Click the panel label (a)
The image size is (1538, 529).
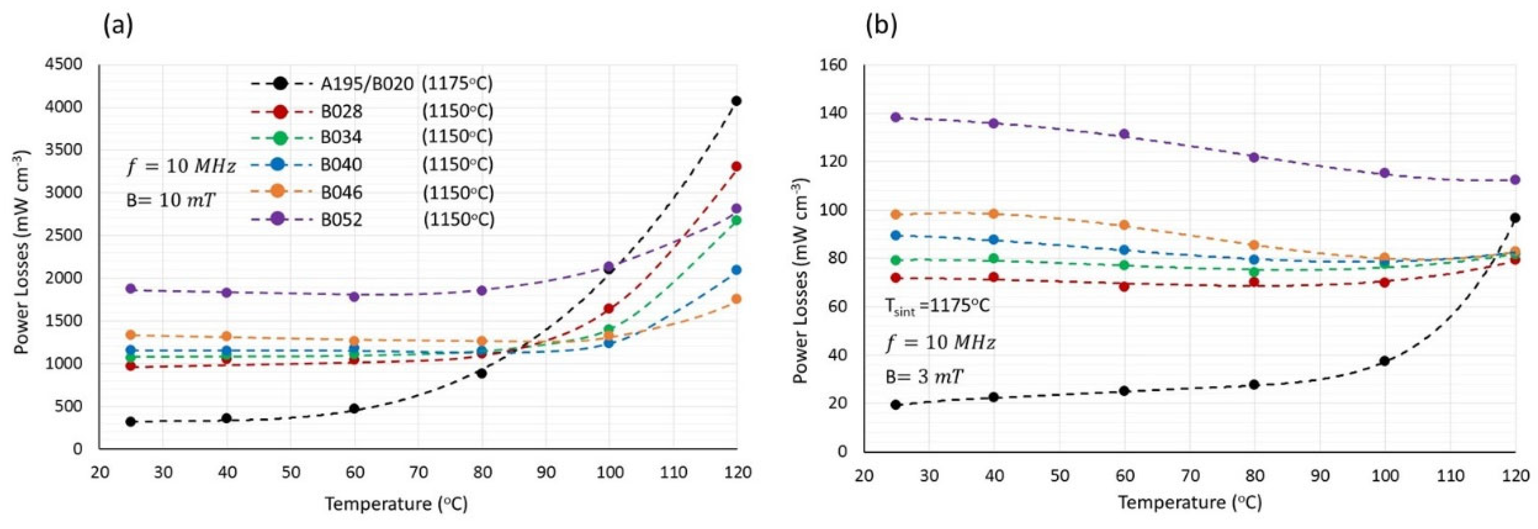[x=118, y=26]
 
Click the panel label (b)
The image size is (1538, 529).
[x=882, y=26]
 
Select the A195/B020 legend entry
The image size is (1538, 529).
[x=367, y=84]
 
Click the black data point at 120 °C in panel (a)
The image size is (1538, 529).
[x=736, y=101]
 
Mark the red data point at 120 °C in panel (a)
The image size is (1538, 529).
[x=736, y=167]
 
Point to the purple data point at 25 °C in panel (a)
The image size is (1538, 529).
[x=131, y=288]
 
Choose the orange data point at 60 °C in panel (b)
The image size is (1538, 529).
[x=1124, y=225]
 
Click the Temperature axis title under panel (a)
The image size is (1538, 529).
[x=396, y=504]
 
